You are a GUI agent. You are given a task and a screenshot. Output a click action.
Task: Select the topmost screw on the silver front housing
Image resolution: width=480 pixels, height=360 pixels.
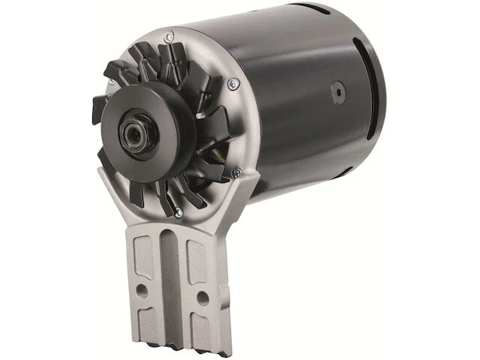pyautogui.click(x=170, y=34)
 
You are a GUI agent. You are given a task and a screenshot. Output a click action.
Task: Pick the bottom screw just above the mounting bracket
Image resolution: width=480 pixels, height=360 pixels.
pyautogui.click(x=178, y=213)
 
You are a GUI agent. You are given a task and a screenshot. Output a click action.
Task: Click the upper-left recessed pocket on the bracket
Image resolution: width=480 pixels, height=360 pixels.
pyautogui.click(x=145, y=255)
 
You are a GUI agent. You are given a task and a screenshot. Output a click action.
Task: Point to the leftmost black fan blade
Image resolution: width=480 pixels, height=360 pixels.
pyautogui.click(x=98, y=109)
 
